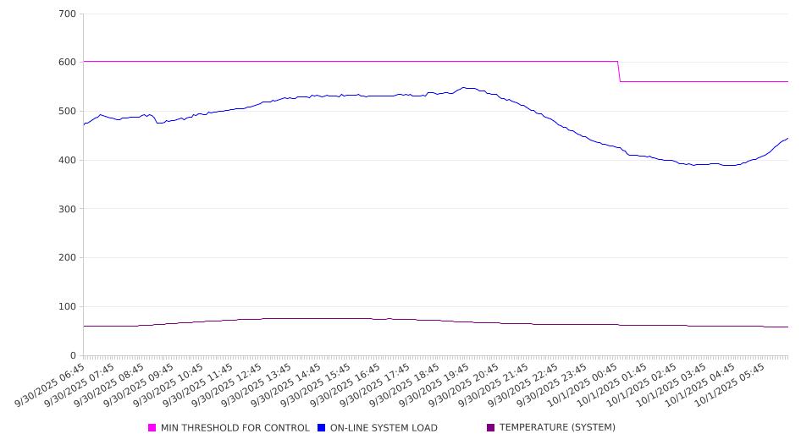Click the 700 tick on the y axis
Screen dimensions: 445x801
tap(67, 14)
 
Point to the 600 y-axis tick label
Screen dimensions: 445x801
tap(67, 63)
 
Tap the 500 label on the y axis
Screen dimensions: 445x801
tap(67, 112)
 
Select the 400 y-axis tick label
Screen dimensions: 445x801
tap(67, 161)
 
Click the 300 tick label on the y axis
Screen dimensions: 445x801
tap(67, 209)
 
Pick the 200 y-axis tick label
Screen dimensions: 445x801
tap(67, 258)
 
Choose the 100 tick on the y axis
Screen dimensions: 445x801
tap(67, 307)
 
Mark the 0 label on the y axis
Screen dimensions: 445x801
tap(73, 355)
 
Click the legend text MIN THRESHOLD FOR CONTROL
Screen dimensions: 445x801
tap(235, 428)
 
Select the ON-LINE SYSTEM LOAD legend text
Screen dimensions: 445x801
tap(384, 428)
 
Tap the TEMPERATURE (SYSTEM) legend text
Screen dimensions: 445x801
tap(556, 428)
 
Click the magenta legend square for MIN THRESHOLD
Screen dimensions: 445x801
tap(152, 428)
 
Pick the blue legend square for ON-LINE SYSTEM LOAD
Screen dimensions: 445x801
tap(322, 428)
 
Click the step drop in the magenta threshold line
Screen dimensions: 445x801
tap(619, 72)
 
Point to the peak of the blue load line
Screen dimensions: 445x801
tap(463, 87)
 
